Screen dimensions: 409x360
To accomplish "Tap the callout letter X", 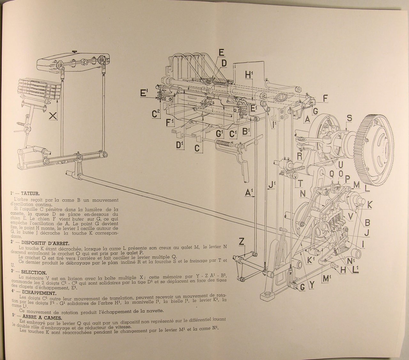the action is pyautogui.click(x=53, y=116).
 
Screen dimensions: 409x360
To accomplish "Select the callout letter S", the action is pyautogui.click(x=350, y=118).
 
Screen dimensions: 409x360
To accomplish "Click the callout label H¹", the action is pyautogui.click(x=250, y=74).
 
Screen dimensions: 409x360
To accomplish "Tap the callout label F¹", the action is pyautogui.click(x=170, y=123).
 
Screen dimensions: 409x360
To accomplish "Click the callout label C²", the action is pyautogui.click(x=157, y=114).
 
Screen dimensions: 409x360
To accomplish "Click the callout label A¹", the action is pyautogui.click(x=250, y=193).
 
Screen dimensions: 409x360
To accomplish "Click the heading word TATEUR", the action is pyautogui.click(x=30, y=193).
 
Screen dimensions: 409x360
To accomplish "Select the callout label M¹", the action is pyautogui.click(x=327, y=279).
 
